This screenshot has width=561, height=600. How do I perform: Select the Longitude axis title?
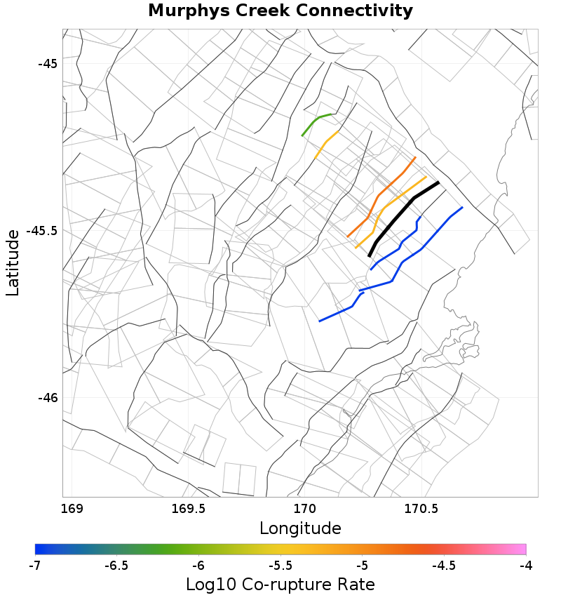pos(300,528)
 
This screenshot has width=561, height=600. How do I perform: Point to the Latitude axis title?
pos(13,262)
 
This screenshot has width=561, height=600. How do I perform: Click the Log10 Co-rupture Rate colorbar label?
pos(280,584)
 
